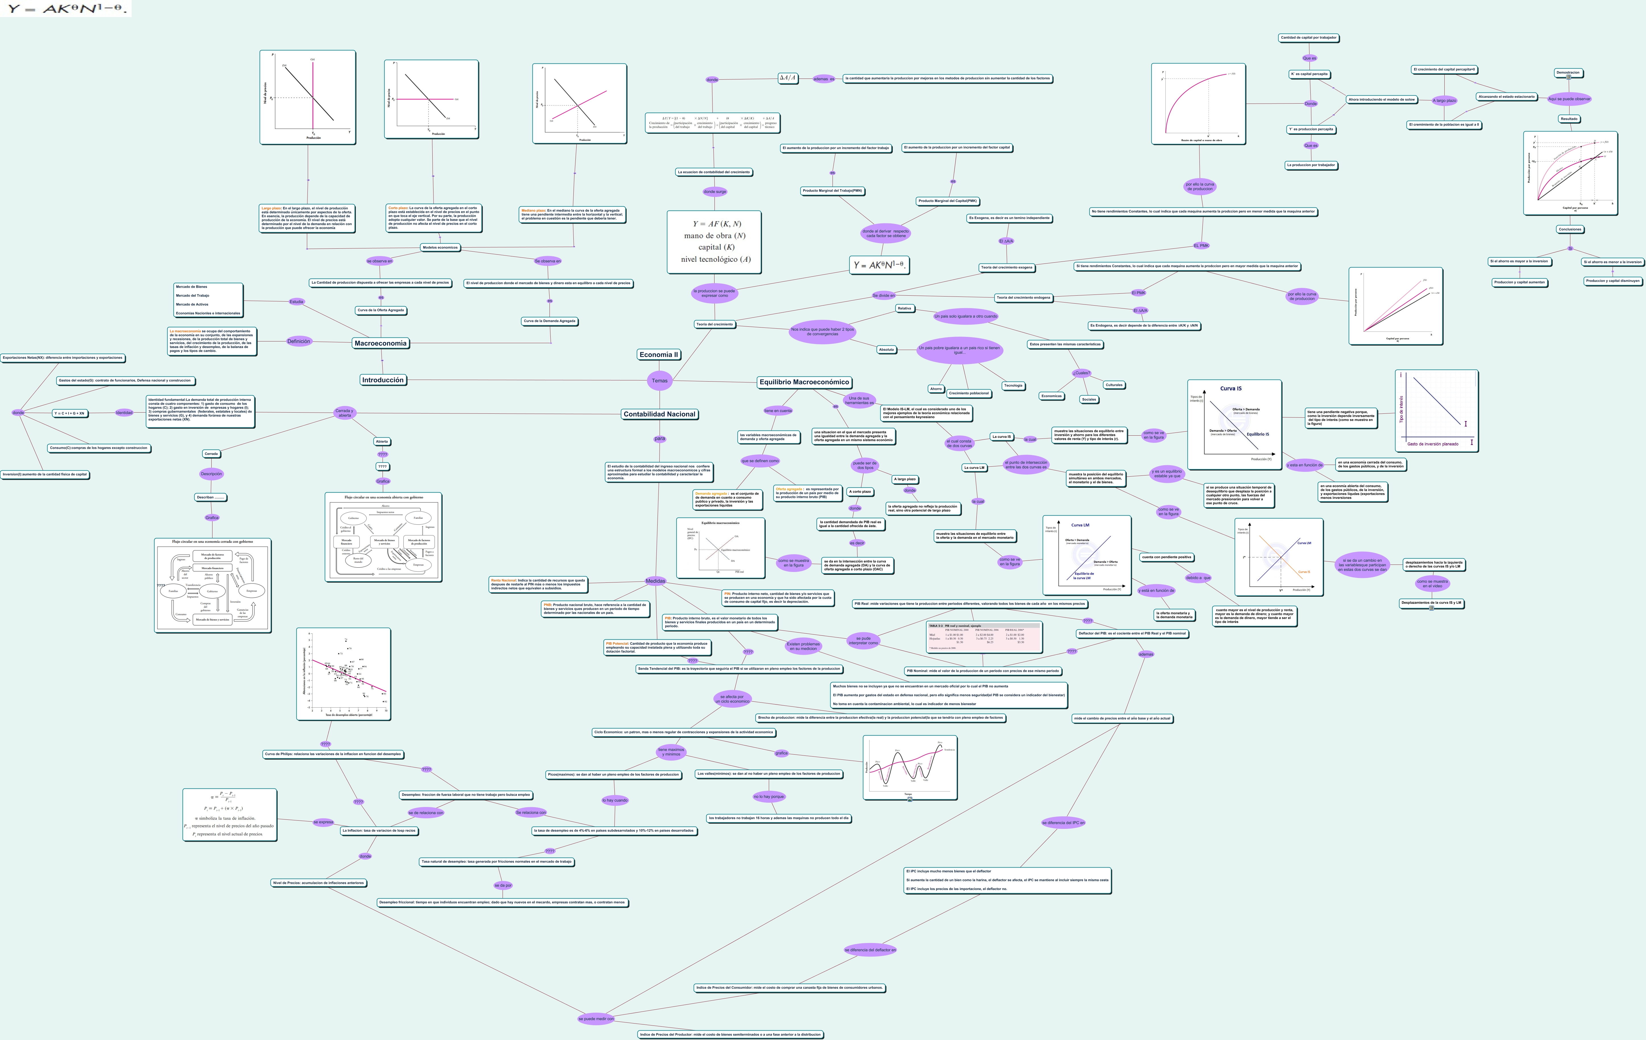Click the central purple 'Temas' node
pyautogui.click(x=659, y=381)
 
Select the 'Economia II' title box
pyautogui.click(x=658, y=355)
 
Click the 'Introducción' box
pyautogui.click(x=383, y=380)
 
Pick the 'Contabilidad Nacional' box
pyautogui.click(x=659, y=414)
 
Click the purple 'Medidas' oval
pyautogui.click(x=655, y=581)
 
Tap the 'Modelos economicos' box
pyautogui.click(x=439, y=248)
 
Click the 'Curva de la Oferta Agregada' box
pyautogui.click(x=381, y=310)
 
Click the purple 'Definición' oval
pyautogui.click(x=299, y=341)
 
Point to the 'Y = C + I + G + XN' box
pyautogui.click(x=69, y=413)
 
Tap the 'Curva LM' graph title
pyautogui.click(x=1080, y=525)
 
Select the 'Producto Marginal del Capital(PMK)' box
pyautogui.click(x=947, y=201)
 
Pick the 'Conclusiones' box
pyautogui.click(x=1569, y=229)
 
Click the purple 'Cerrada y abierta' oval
pyautogui.click(x=344, y=413)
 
